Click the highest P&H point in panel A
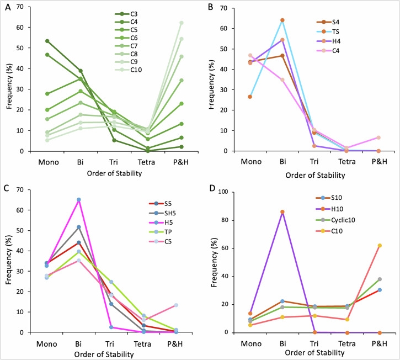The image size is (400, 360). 181,23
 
